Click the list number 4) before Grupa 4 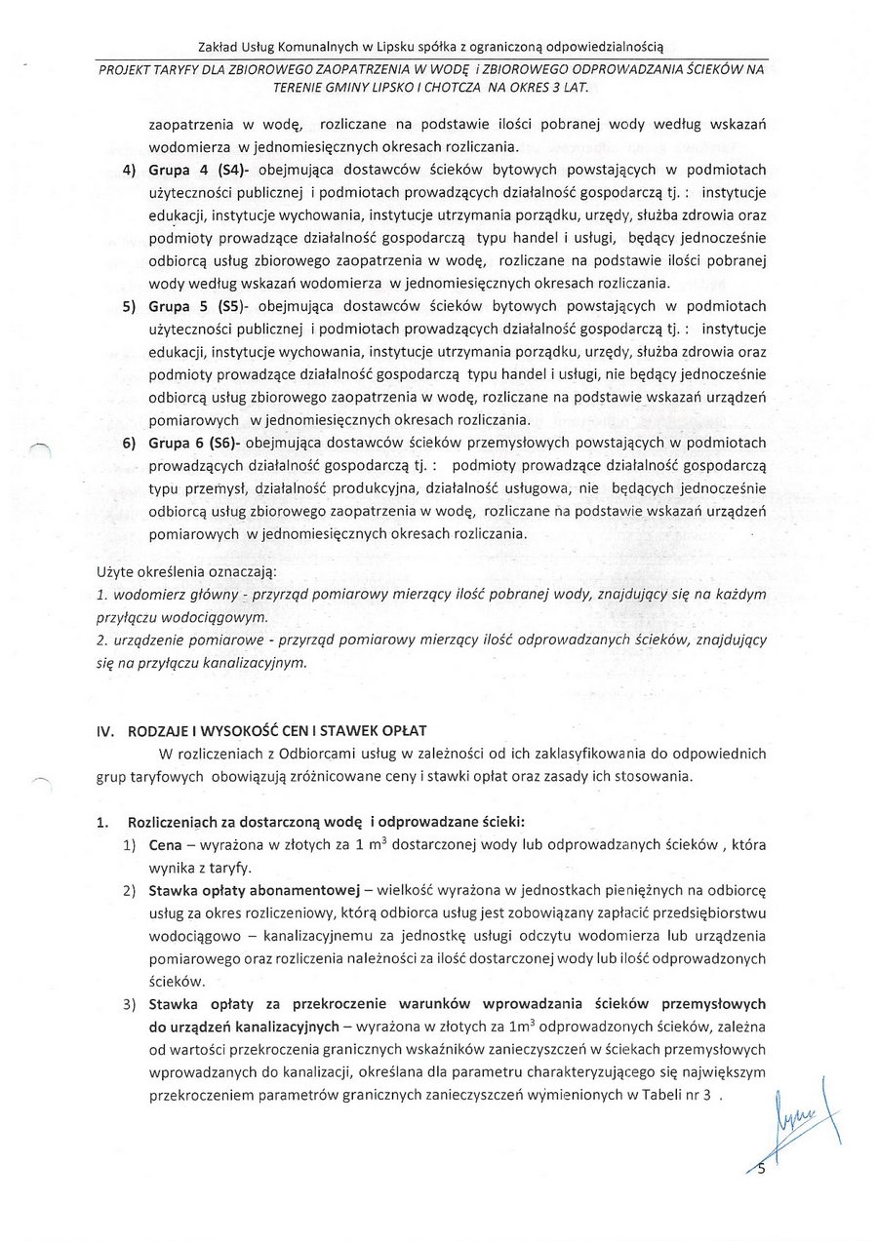click(x=128, y=171)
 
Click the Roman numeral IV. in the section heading click(x=105, y=731)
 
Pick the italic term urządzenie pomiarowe click(x=185, y=640)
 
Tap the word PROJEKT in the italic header click(x=124, y=68)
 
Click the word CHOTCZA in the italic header click(x=485, y=87)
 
